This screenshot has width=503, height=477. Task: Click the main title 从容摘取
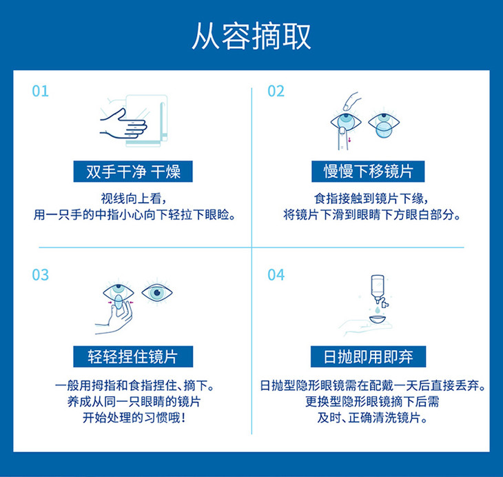click(x=251, y=36)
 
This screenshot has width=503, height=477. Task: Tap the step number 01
click(x=41, y=91)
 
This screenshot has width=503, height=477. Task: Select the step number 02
click(x=276, y=91)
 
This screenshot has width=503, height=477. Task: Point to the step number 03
click(x=41, y=275)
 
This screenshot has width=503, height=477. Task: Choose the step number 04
click(x=276, y=275)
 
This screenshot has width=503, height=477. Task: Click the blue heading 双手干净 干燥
click(x=133, y=172)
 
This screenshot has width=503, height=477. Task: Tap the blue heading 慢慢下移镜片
click(x=368, y=172)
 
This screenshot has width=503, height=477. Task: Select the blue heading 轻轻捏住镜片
click(x=133, y=356)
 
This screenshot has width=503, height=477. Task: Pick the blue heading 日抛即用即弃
click(x=368, y=356)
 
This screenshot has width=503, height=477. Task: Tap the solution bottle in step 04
click(x=379, y=289)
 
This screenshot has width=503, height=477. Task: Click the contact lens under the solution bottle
click(x=378, y=320)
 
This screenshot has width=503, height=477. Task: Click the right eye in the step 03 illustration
click(x=157, y=292)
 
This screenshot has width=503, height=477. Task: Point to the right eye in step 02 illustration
click(x=384, y=124)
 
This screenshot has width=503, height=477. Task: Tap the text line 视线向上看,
click(x=134, y=199)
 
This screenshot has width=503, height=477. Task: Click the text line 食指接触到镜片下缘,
click(x=371, y=199)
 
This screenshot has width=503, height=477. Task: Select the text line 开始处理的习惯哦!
click(x=134, y=418)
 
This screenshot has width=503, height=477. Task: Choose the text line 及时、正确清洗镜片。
click(x=373, y=418)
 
